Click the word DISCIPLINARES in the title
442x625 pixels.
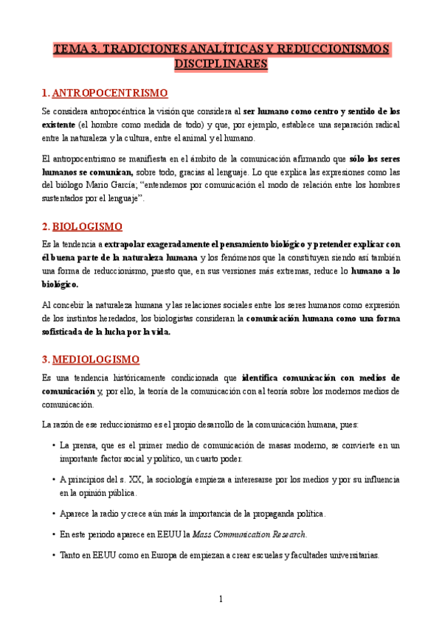[x=221, y=65]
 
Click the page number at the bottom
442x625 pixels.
[x=221, y=599]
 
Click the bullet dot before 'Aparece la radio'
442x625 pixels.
[x=54, y=514]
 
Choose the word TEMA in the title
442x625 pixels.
[x=69, y=50]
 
